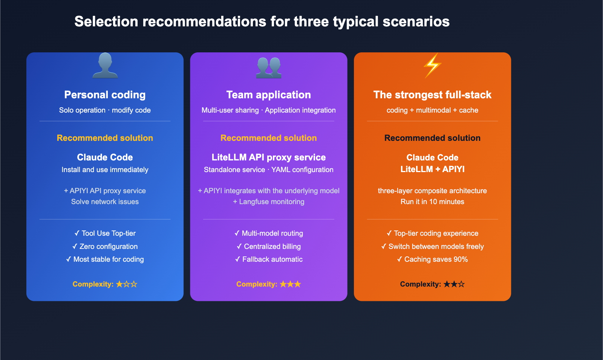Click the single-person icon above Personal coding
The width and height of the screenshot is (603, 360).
pyautogui.click(x=105, y=66)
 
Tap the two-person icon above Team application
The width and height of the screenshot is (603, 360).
pyautogui.click(x=269, y=67)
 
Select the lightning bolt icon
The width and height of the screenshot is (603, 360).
pyautogui.click(x=432, y=65)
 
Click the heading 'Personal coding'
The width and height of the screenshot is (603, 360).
pyautogui.click(x=105, y=95)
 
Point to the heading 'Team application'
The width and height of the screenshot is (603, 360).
pyautogui.click(x=269, y=95)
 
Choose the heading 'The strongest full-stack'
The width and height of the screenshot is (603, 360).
pyautogui.click(x=432, y=95)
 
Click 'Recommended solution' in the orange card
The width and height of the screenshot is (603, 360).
pyautogui.click(x=432, y=138)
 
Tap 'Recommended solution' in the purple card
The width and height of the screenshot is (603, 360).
pyautogui.click(x=269, y=138)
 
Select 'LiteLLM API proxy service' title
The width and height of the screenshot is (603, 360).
pyautogui.click(x=269, y=157)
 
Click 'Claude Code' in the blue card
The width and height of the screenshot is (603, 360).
pyautogui.click(x=105, y=157)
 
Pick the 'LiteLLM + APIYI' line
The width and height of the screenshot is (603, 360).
pyautogui.click(x=432, y=169)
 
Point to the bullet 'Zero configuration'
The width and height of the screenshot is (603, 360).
pyautogui.click(x=105, y=247)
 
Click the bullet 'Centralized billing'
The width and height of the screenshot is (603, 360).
pyautogui.click(x=269, y=247)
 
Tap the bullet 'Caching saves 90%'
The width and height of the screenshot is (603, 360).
pyautogui.click(x=432, y=259)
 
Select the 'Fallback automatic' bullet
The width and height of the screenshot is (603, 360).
pyautogui.click(x=269, y=259)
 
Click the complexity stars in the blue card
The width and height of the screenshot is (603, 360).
pyautogui.click(x=126, y=284)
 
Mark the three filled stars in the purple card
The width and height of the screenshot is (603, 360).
pyautogui.click(x=290, y=284)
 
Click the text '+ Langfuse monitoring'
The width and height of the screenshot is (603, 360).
pyautogui.click(x=269, y=202)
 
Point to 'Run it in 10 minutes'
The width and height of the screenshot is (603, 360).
pyautogui.click(x=432, y=202)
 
